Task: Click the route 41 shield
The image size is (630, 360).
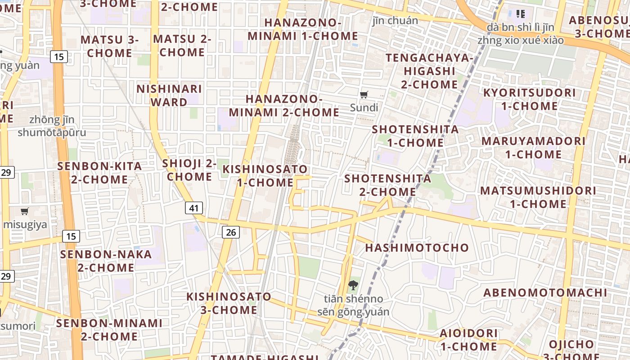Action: tap(194, 208)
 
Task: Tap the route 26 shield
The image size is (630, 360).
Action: tap(231, 232)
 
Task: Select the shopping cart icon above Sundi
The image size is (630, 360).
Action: tap(364, 94)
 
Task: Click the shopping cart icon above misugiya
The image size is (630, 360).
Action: tap(25, 211)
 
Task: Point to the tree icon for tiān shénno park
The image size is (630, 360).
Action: tap(353, 284)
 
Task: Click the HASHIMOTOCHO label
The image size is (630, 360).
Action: tap(417, 247)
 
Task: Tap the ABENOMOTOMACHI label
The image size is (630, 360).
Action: tap(545, 293)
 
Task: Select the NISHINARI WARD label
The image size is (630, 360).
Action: tap(169, 95)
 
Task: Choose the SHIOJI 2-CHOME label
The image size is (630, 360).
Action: tap(189, 170)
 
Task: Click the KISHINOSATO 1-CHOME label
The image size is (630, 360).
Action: tap(265, 176)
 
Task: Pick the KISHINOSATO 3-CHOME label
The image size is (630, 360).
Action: tap(229, 303)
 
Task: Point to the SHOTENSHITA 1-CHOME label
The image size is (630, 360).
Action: tap(415, 136)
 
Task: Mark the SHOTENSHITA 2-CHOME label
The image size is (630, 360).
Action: tap(387, 185)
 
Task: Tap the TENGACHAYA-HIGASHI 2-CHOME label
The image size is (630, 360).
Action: tap(429, 71)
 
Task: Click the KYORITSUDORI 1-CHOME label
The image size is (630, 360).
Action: tap(529, 99)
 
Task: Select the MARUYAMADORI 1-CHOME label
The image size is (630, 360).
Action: tap(533, 148)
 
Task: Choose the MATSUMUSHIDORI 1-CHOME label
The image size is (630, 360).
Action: tap(538, 197)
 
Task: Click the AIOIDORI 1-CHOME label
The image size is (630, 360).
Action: tap(469, 340)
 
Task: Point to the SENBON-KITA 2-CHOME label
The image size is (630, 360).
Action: tap(99, 173)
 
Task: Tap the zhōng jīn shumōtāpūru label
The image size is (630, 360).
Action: tap(52, 126)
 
